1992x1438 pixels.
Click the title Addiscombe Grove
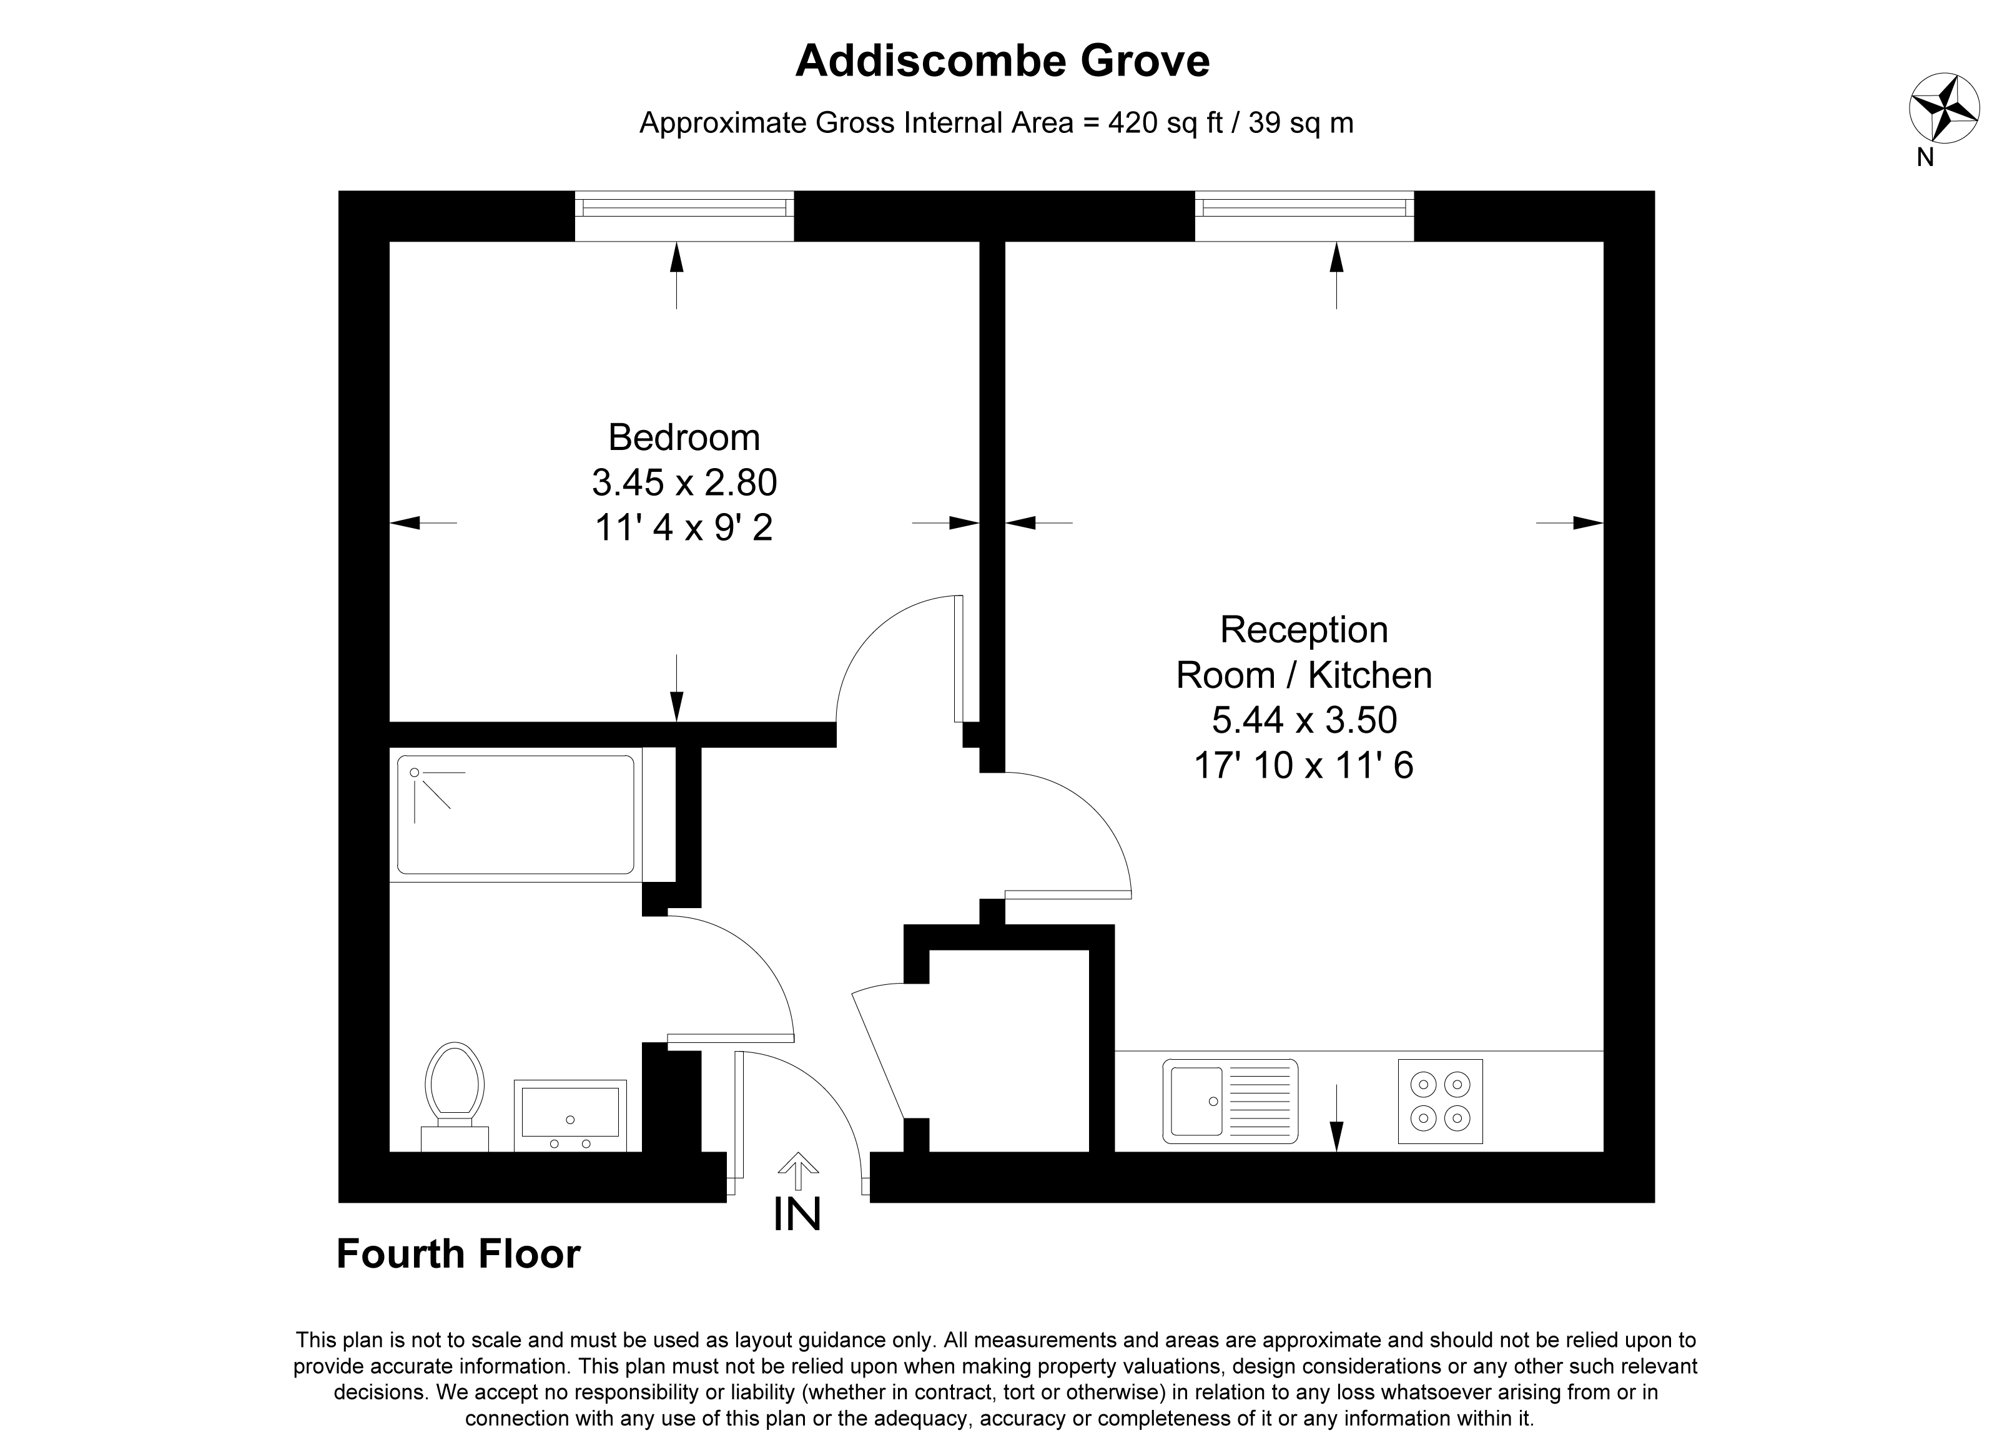pyautogui.click(x=1002, y=61)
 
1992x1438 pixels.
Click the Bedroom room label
pyautogui.click(x=684, y=437)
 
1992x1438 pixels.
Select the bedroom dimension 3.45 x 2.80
pyautogui.click(x=684, y=482)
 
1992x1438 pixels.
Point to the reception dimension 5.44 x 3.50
pyautogui.click(x=1304, y=720)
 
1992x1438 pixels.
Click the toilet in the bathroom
pyautogui.click(x=455, y=1095)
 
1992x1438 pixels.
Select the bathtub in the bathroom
pyautogui.click(x=516, y=814)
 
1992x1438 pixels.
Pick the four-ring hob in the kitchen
pyautogui.click(x=1441, y=1101)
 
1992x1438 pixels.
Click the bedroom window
pyautogui.click(x=684, y=216)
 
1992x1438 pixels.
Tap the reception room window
pyautogui.click(x=1304, y=216)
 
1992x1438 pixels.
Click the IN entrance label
pyautogui.click(x=797, y=1215)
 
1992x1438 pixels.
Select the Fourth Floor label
pyautogui.click(x=458, y=1254)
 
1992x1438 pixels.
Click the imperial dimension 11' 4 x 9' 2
pyautogui.click(x=684, y=527)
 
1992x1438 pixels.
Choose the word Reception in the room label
pyautogui.click(x=1304, y=630)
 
